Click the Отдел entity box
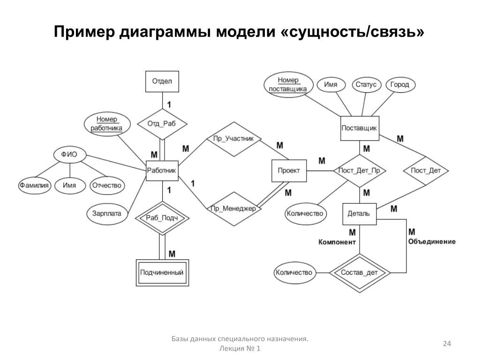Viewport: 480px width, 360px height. click(162, 81)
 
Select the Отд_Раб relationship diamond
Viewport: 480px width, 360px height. click(162, 124)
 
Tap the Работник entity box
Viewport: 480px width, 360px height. click(162, 171)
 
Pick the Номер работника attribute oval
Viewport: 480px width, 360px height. click(107, 124)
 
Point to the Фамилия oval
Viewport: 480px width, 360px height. click(34, 185)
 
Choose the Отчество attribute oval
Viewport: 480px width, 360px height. click(107, 185)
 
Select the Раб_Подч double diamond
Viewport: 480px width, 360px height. click(162, 218)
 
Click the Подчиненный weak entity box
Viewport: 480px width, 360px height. click(162, 272)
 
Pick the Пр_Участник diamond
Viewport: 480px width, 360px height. click(233, 139)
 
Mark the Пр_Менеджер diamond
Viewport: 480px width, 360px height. click(233, 209)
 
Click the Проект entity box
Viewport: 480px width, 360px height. click(289, 171)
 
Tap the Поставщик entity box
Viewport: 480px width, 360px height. click(360, 128)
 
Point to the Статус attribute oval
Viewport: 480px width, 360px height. click(366, 85)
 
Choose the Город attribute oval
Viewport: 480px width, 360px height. click(400, 85)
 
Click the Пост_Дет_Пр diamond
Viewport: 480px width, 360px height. click(360, 171)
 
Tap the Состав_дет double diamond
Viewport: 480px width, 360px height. click(360, 272)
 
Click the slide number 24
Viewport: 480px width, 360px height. click(447, 344)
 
